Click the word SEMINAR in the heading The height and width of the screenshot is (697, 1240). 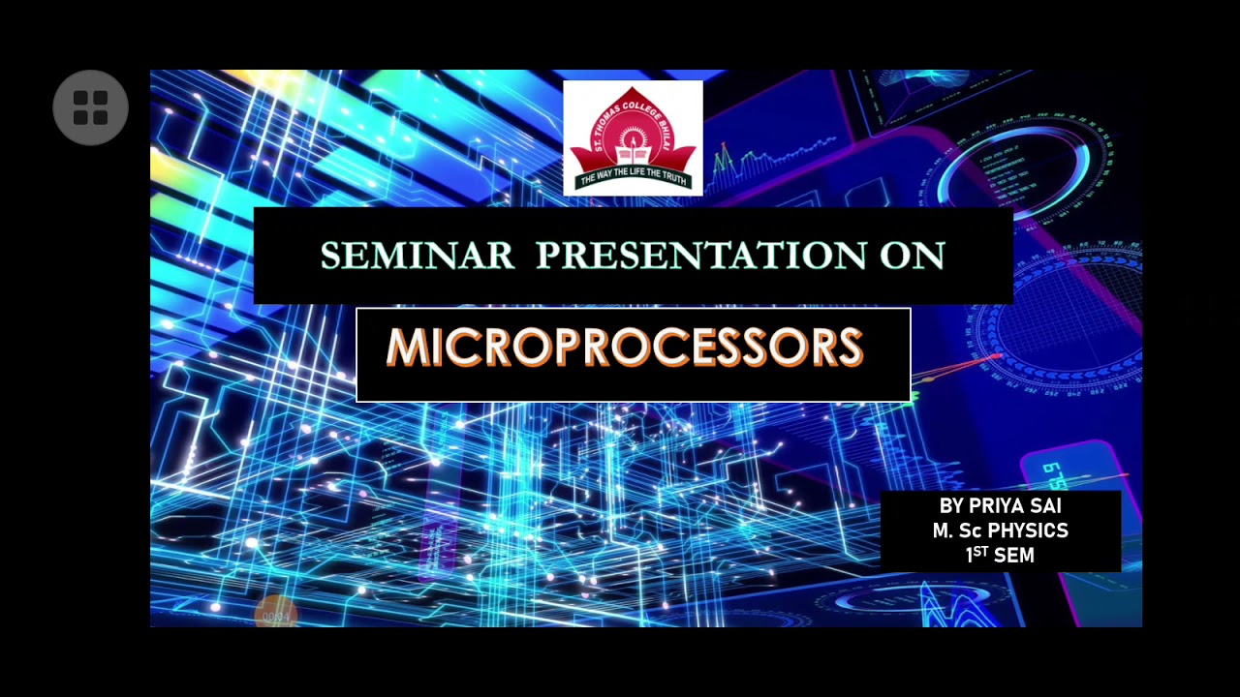click(x=417, y=257)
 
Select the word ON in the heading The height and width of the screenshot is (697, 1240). click(x=912, y=257)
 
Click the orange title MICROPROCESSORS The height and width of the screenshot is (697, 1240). click(x=625, y=348)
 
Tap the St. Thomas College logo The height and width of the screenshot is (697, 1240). click(x=633, y=138)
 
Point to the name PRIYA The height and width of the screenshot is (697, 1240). click(x=1001, y=506)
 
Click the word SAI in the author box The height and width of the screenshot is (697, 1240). click(x=1048, y=506)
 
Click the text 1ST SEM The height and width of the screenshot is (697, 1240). click(x=1000, y=556)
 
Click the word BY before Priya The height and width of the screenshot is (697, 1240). click(x=951, y=506)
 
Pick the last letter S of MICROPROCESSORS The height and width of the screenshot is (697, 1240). click(x=850, y=348)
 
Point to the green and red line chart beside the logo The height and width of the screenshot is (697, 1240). click(x=746, y=160)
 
